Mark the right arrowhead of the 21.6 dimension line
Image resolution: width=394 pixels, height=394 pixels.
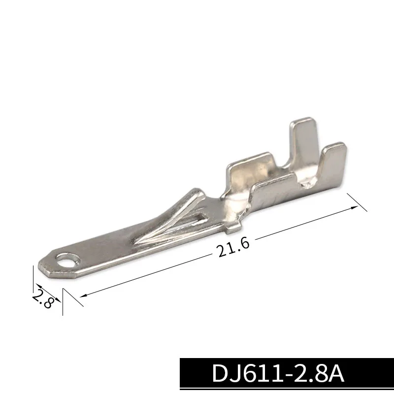(x=355, y=208)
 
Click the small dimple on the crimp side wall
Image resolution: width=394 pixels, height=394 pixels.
(x=308, y=185)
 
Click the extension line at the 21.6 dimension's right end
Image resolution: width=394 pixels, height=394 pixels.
(x=357, y=202)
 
